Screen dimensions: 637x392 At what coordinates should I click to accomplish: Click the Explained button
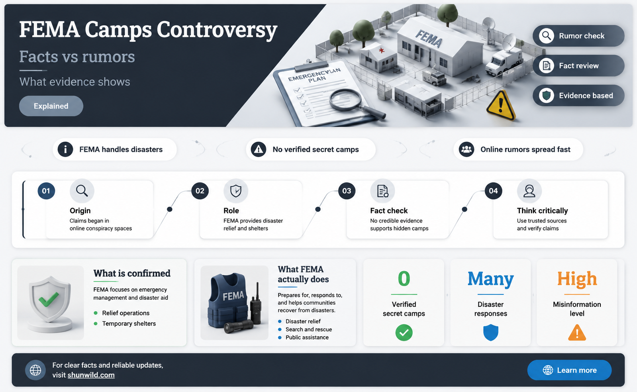pyautogui.click(x=51, y=106)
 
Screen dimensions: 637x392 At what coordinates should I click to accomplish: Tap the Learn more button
pyautogui.click(x=569, y=370)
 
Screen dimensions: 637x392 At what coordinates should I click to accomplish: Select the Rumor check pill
pyautogui.click(x=578, y=36)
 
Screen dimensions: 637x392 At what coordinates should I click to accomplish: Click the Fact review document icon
pyautogui.click(x=546, y=66)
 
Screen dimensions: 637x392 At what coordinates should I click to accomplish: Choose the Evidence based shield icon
pyautogui.click(x=546, y=96)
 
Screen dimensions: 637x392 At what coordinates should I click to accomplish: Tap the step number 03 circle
pyautogui.click(x=347, y=191)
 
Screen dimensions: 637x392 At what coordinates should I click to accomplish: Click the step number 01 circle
pyautogui.click(x=46, y=191)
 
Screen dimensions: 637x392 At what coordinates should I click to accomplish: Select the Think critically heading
pyautogui.click(x=542, y=210)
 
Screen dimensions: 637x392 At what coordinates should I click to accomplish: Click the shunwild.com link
pyautogui.click(x=91, y=375)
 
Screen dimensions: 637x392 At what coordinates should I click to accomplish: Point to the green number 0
pyautogui.click(x=404, y=278)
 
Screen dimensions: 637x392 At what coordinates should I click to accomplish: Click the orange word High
pyautogui.click(x=577, y=279)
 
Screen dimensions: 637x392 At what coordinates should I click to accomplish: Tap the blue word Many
pyautogui.click(x=490, y=279)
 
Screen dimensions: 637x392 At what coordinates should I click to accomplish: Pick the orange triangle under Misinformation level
pyautogui.click(x=577, y=333)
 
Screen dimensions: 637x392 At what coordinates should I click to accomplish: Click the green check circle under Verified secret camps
pyautogui.click(x=404, y=332)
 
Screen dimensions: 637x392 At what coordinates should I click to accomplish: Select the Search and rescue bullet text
pyautogui.click(x=309, y=329)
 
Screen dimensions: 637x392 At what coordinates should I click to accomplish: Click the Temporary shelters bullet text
pyautogui.click(x=129, y=323)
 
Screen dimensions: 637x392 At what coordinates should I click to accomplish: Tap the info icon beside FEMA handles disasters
pyautogui.click(x=65, y=149)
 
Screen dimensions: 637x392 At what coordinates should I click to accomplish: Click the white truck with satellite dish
pyautogui.click(x=503, y=58)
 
